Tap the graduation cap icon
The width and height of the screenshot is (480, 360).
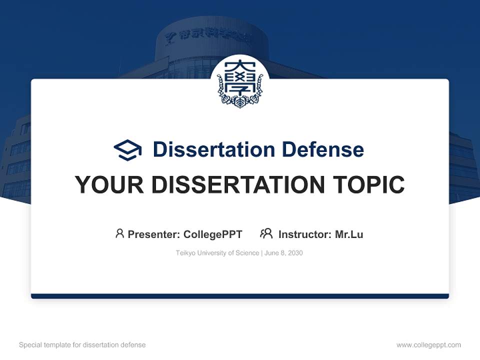point(127,150)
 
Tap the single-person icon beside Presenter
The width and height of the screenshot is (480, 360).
point(119,233)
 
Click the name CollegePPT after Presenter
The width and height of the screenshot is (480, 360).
point(213,234)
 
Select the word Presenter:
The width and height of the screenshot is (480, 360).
point(154,234)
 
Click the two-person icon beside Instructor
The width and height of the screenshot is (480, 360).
point(266,233)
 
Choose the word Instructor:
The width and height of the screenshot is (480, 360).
point(304,234)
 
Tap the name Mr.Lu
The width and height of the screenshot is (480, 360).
point(349,234)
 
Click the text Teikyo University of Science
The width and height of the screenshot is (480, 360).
point(217,253)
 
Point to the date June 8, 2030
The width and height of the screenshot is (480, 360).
point(283,253)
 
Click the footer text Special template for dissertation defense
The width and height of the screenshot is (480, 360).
point(82,345)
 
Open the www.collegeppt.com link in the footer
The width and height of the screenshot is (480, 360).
point(428,345)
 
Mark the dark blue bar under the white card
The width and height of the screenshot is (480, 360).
point(240,296)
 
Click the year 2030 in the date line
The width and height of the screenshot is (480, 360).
point(295,253)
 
